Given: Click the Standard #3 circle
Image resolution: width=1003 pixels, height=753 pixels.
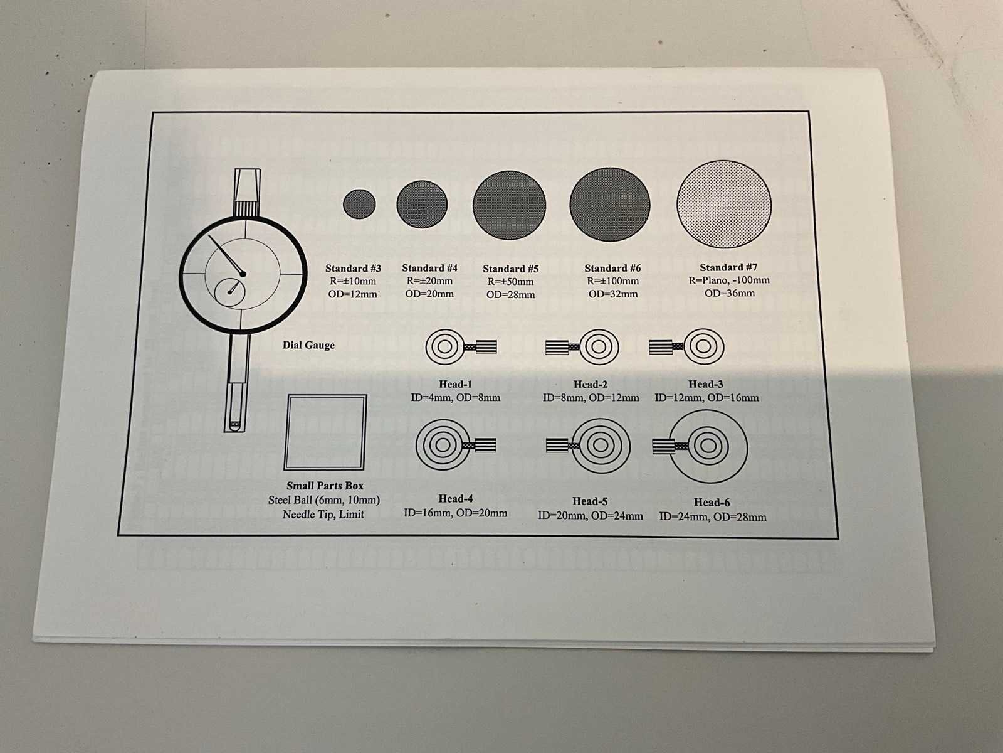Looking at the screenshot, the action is click(x=359, y=204).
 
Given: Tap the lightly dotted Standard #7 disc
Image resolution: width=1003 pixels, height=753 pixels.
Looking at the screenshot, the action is click(x=724, y=204).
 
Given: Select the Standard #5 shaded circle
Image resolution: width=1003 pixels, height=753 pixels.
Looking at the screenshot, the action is click(x=509, y=205).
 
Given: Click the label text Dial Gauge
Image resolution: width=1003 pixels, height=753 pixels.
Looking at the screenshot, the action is click(x=308, y=345).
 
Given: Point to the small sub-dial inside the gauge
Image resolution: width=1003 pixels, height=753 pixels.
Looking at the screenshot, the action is click(x=229, y=292).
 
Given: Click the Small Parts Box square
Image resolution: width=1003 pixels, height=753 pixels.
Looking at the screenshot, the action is click(x=325, y=432).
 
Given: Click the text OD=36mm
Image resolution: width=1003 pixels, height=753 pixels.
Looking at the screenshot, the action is click(x=730, y=293).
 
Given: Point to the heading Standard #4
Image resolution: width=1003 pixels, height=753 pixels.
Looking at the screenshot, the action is click(x=429, y=268).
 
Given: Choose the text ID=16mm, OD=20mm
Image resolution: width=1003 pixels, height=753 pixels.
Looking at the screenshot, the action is click(x=455, y=513).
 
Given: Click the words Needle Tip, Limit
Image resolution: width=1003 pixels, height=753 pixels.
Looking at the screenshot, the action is click(x=323, y=515).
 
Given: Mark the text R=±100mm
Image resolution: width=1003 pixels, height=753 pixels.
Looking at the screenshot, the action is click(x=612, y=280).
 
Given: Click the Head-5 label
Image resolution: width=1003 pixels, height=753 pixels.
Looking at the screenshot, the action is click(x=590, y=501).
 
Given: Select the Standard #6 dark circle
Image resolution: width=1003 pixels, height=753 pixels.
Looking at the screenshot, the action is click(x=609, y=205).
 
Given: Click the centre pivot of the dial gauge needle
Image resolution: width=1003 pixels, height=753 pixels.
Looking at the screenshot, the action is click(x=243, y=274).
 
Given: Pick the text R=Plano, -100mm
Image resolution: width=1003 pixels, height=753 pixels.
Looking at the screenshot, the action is click(x=729, y=280).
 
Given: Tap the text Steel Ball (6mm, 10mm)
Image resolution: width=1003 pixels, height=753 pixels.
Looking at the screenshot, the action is click(x=324, y=500).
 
